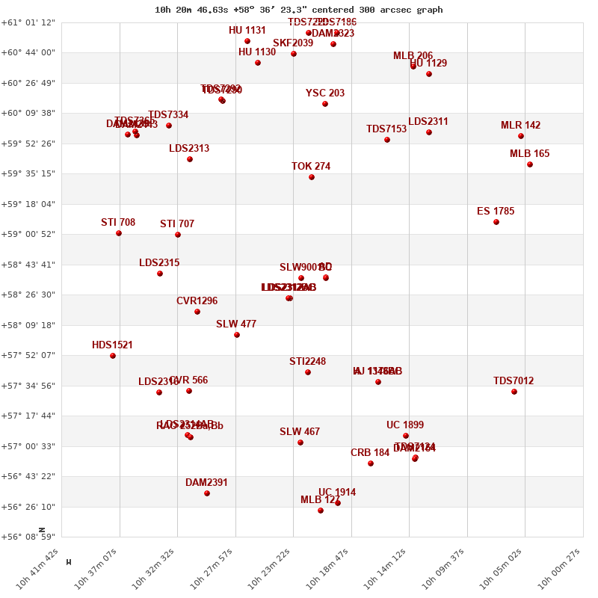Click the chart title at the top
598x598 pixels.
[298, 10]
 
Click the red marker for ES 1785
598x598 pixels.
[496, 222]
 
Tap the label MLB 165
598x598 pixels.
[529, 154]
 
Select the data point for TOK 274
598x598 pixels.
[312, 177]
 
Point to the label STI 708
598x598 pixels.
[118, 223]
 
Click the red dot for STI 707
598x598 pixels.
[178, 235]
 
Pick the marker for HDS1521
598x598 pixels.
[113, 356]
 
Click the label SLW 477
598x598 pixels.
[236, 324]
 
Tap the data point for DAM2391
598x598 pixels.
[207, 493]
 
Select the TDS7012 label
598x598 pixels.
[514, 381]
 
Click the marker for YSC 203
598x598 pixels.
[325, 104]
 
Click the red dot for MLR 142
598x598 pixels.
[521, 136]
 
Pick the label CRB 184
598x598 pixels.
[370, 453]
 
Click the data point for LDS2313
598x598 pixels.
[190, 159]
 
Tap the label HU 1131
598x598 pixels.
[247, 31]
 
